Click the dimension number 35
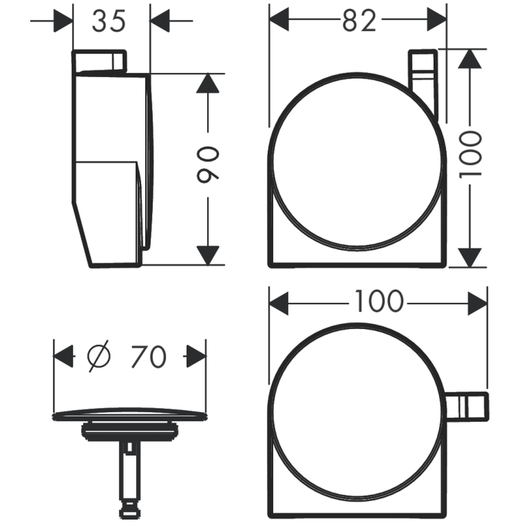109,21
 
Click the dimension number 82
359,21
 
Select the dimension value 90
208,165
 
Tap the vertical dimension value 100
470,154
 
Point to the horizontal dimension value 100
379,301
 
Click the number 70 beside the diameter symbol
149,356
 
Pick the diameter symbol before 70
99,356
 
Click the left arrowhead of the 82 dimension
279,20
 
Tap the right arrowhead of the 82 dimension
437,20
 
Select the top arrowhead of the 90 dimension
208,83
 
